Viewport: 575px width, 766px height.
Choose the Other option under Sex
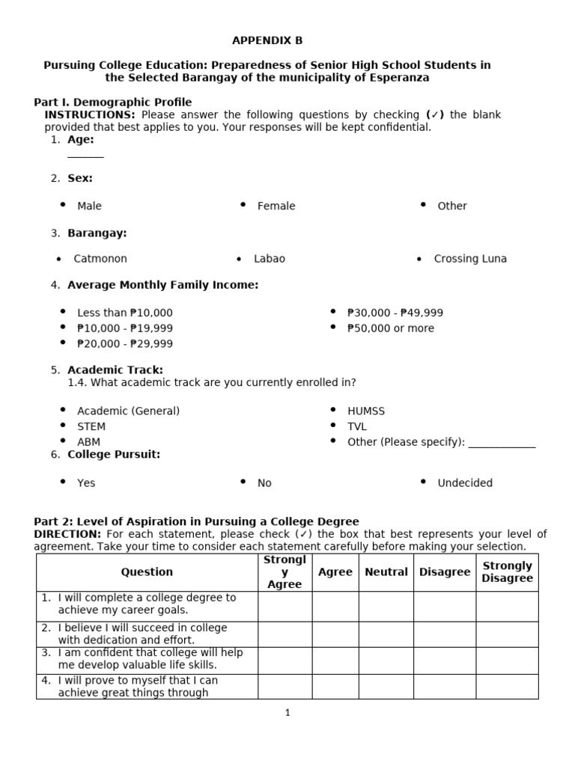[451, 206]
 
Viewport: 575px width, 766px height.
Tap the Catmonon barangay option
[100, 259]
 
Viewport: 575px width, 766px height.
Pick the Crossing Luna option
[469, 259]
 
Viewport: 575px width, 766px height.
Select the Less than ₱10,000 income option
[124, 313]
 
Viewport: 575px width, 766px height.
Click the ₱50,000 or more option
[390, 328]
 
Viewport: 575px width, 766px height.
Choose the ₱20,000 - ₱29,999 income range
[124, 344]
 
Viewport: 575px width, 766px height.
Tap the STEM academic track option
[91, 426]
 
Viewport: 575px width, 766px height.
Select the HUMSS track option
[365, 411]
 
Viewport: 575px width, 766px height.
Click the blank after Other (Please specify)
[502, 443]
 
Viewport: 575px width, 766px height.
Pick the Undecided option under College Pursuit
[465, 483]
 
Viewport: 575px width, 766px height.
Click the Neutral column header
[386, 572]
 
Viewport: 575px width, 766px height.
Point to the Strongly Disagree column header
[507, 572]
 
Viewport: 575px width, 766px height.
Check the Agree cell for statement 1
[335, 606]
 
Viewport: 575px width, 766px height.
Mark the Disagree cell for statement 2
[444, 634]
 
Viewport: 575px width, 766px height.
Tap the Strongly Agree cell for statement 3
[285, 658]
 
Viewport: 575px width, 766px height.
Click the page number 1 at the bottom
[287, 713]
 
